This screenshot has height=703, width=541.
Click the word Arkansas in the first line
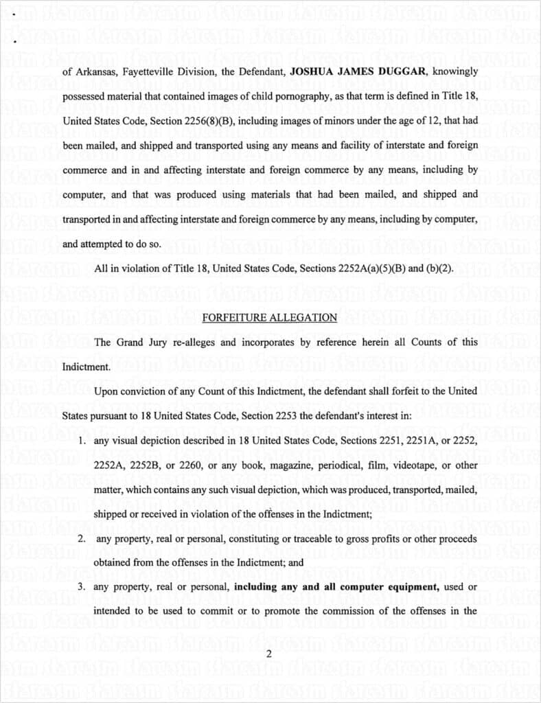(x=93, y=71)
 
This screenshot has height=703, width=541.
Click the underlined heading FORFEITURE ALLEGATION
(x=270, y=318)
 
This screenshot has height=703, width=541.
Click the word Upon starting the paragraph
(x=106, y=391)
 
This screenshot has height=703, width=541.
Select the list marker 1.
(x=80, y=440)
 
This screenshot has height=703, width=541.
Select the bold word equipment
(x=412, y=588)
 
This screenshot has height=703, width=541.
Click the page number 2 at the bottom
(x=268, y=654)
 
